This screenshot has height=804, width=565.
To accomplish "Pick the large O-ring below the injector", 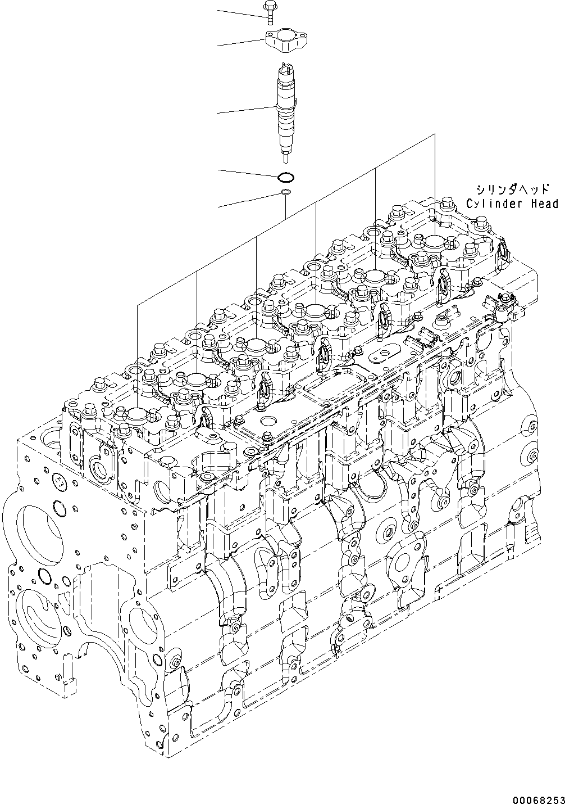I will pos(285,178).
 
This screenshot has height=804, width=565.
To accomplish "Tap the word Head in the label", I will pos(544,204).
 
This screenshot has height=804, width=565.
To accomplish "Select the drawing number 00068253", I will pos(536,797).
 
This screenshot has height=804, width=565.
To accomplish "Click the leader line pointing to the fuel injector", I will pos(247,110).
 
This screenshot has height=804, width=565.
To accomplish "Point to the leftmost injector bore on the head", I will pos(137,415).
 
